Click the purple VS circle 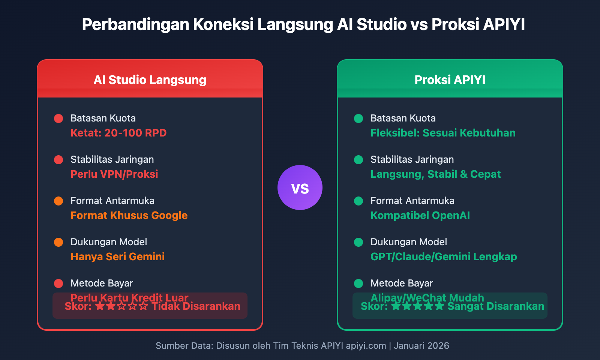tap(300, 187)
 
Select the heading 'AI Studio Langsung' tap(150, 80)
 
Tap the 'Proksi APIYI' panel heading tap(450, 80)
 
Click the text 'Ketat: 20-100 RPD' tap(118, 133)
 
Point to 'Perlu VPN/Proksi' tap(114, 174)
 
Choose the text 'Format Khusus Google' tap(129, 216)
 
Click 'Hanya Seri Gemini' tap(117, 257)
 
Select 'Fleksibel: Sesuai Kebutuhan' tap(443, 133)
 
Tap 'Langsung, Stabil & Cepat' tap(435, 174)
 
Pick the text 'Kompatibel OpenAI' tap(420, 216)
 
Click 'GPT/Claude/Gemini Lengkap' tap(444, 257)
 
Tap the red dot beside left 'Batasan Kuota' tap(58, 118)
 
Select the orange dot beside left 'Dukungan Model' tap(58, 242)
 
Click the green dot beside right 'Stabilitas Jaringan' tap(358, 160)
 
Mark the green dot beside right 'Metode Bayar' tap(358, 283)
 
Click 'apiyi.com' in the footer tap(366, 346)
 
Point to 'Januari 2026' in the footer tap(421, 346)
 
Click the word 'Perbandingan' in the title tap(135, 25)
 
